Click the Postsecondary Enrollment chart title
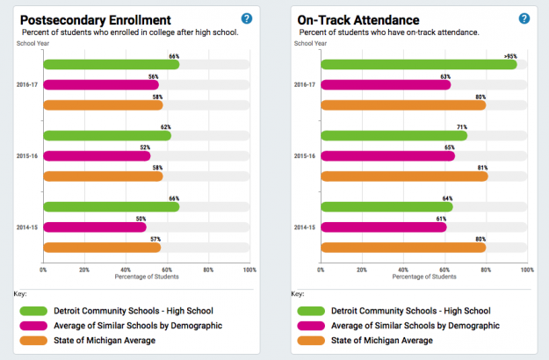[x=96, y=19]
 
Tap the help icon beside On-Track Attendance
[x=524, y=18]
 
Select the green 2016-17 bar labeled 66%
[x=111, y=64]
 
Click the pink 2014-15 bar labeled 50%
[x=94, y=227]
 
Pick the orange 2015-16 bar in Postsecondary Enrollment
[x=102, y=176]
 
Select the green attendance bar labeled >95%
[x=419, y=64]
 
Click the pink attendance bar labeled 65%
[x=387, y=155]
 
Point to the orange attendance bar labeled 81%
[x=404, y=176]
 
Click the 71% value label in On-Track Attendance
[x=461, y=127]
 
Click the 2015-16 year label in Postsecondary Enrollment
[x=26, y=156]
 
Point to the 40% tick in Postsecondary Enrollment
[x=126, y=270]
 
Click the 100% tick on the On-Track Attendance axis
[x=526, y=270]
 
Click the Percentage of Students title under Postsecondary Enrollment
[x=147, y=277]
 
